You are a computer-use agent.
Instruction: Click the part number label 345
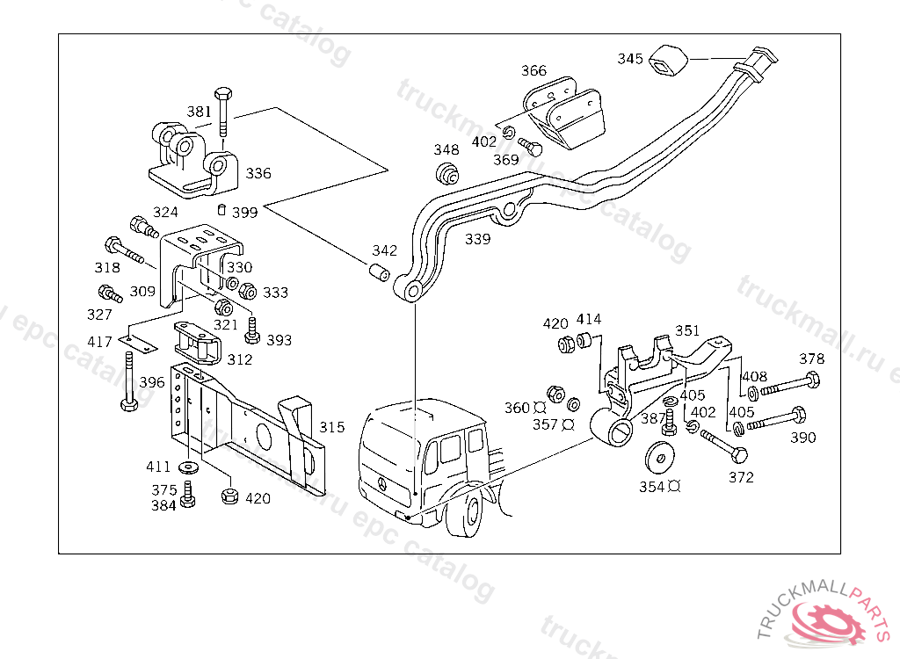click(x=630, y=59)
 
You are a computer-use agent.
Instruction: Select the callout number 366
click(x=533, y=71)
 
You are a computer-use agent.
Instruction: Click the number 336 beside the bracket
click(x=258, y=173)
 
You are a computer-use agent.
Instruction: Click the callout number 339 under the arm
click(x=478, y=239)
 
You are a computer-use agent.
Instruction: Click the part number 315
click(x=332, y=427)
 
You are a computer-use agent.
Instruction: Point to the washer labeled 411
click(x=188, y=466)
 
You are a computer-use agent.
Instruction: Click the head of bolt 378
click(x=811, y=380)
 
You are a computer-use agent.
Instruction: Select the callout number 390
click(x=802, y=438)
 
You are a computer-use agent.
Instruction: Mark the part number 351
click(x=687, y=330)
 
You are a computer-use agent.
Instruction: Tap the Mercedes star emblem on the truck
click(x=381, y=484)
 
